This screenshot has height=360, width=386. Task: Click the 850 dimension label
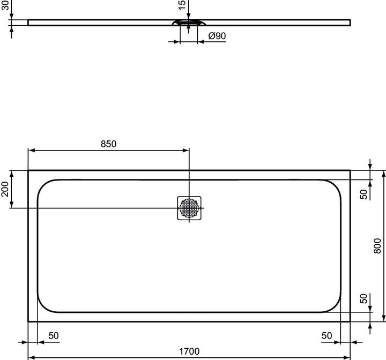[x=108, y=144]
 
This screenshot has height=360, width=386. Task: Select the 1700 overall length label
[x=189, y=351]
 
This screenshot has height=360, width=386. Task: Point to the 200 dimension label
[x=5, y=189]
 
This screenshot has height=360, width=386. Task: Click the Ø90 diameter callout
[x=216, y=36]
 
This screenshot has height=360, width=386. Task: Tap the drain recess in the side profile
[x=188, y=23]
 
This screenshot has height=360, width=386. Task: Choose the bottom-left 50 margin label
[x=54, y=336]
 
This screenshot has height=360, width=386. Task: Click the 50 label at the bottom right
[x=326, y=336]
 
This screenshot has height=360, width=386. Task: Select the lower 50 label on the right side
[x=363, y=299]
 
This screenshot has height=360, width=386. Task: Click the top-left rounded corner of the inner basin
[x=43, y=185]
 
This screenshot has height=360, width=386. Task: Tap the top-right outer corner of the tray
[x=350, y=171]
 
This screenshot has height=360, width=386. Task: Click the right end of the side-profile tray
[x=350, y=22]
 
